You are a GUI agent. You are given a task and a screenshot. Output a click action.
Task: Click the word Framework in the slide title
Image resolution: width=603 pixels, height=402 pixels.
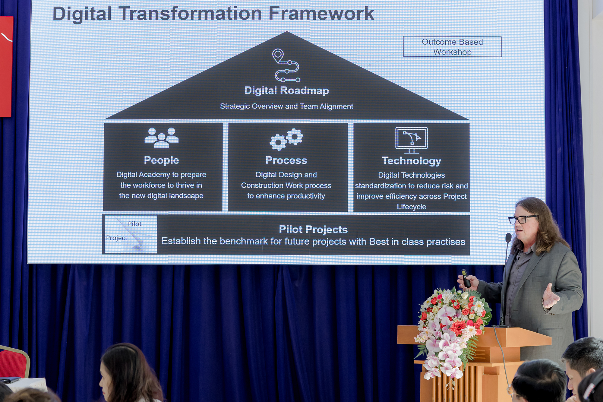(x=321, y=14)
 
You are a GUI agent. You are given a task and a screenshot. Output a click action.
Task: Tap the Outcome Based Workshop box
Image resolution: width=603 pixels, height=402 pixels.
(x=452, y=46)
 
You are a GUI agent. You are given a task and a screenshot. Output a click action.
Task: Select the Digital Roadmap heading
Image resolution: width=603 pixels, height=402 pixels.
(x=286, y=90)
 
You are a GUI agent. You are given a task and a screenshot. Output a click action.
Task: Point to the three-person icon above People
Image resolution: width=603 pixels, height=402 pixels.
(x=162, y=138)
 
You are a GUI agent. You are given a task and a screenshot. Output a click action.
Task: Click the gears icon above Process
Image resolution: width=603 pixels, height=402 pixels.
(x=286, y=139)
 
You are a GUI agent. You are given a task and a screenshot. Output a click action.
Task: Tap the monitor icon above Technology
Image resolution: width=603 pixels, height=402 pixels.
(x=412, y=140)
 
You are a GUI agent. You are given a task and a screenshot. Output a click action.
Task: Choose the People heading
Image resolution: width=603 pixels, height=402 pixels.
(x=161, y=160)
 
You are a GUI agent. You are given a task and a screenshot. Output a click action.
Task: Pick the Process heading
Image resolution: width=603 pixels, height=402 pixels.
(x=286, y=160)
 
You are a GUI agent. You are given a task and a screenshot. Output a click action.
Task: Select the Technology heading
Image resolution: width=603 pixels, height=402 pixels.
(x=412, y=161)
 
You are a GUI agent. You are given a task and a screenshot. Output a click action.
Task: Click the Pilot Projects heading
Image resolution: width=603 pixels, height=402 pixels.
(x=313, y=229)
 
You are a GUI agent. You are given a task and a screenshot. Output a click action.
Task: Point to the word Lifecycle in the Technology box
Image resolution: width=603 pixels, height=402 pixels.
(x=412, y=207)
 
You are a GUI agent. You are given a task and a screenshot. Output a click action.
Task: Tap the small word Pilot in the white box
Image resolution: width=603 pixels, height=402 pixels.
(x=135, y=224)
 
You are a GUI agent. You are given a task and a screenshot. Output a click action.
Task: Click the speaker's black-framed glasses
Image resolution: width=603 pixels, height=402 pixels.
(x=522, y=219)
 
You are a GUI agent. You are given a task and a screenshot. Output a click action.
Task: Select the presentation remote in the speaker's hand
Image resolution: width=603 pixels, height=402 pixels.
(x=466, y=278)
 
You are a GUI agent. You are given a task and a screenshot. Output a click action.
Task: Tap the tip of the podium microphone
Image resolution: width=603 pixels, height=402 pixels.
(x=509, y=237)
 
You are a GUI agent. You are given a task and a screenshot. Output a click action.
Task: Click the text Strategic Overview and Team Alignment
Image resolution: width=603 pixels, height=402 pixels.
(x=286, y=106)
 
